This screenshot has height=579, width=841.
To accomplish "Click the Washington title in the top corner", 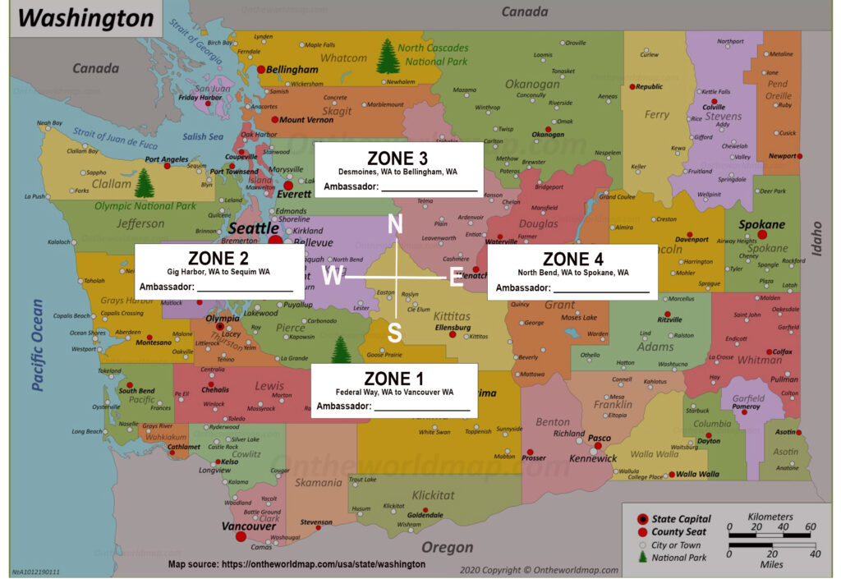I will pyautogui.click(x=86, y=18).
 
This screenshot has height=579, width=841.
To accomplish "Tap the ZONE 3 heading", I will pyautogui.click(x=398, y=158).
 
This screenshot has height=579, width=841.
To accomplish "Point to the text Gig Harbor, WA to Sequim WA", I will pyautogui.click(x=218, y=271).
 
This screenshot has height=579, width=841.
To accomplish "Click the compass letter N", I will pyautogui.click(x=395, y=223).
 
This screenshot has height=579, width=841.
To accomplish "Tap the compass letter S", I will pyautogui.click(x=395, y=332).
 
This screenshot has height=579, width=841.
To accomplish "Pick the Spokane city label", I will pyautogui.click(x=761, y=224).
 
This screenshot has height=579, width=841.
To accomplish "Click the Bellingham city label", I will pyautogui.click(x=292, y=71).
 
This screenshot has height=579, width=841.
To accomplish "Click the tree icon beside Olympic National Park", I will pyautogui.click(x=144, y=183).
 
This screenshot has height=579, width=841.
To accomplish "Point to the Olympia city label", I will pyautogui.click(x=223, y=318).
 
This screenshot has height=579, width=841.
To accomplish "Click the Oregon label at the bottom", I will pyautogui.click(x=447, y=547).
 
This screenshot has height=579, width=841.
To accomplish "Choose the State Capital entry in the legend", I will pyautogui.click(x=681, y=519).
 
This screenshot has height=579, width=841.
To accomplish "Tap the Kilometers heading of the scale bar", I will pyautogui.click(x=771, y=517).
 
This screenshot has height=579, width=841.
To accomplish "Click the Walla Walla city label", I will pyautogui.click(x=697, y=474).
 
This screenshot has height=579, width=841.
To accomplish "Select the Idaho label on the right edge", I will pyautogui.click(x=816, y=239).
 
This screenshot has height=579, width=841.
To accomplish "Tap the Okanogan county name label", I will pyautogui.click(x=532, y=84).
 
